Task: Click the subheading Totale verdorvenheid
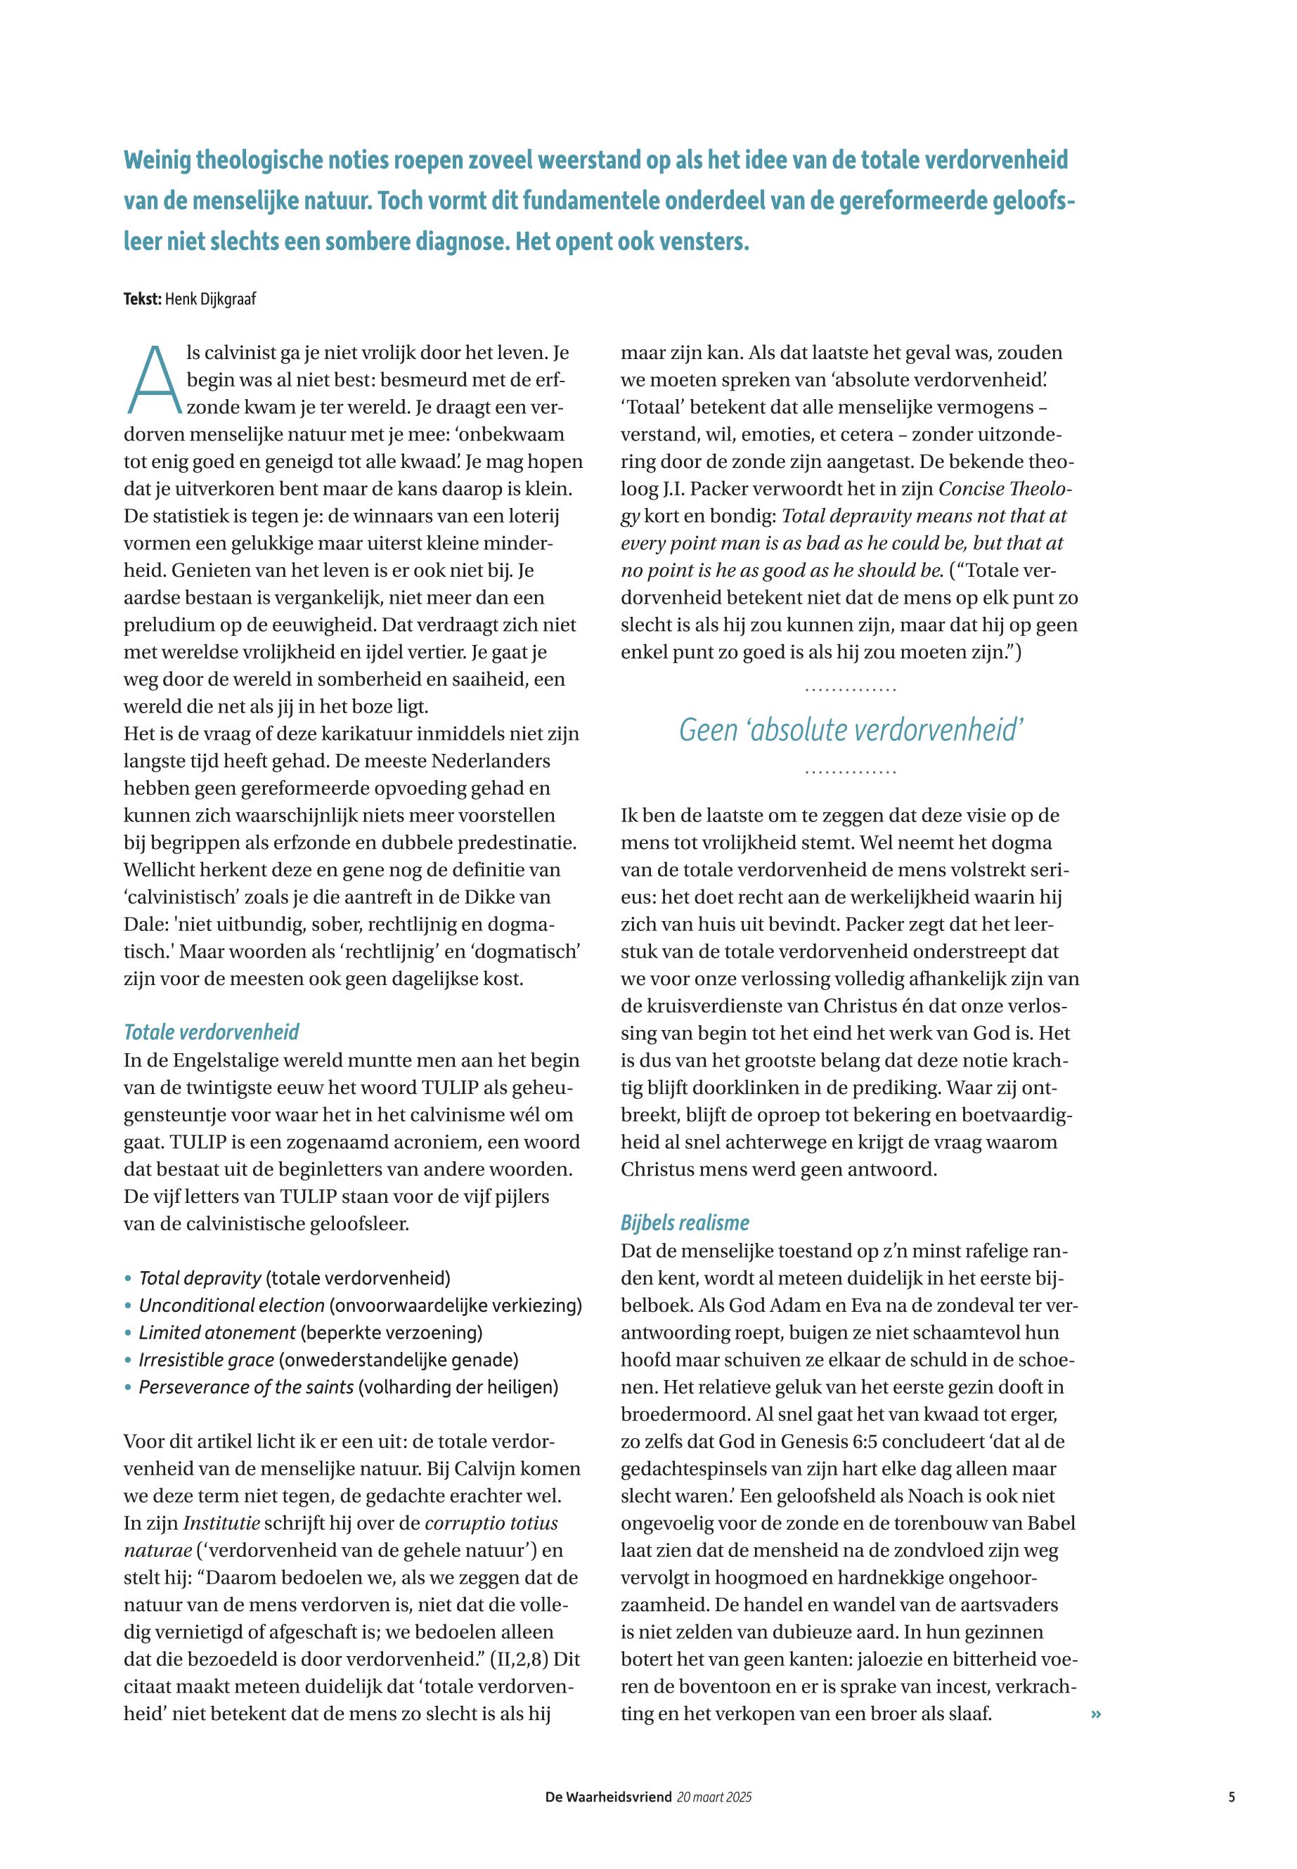(x=212, y=1032)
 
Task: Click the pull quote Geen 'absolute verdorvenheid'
(x=850, y=730)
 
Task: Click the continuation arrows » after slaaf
(x=1096, y=1714)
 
